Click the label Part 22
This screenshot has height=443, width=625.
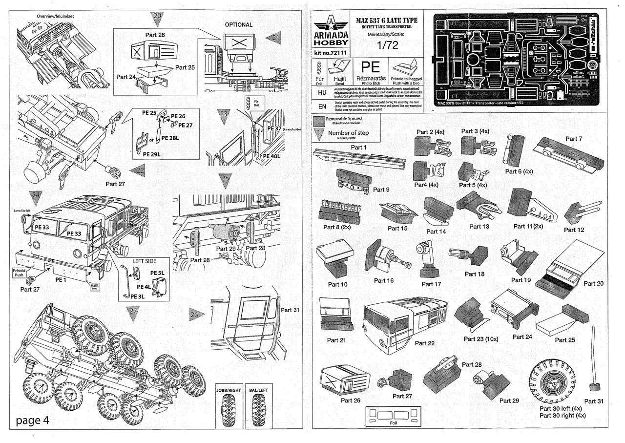tap(424, 343)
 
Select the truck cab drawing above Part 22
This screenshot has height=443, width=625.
tap(404, 318)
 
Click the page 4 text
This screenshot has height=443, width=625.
tap(32, 420)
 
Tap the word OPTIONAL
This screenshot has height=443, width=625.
tap(238, 24)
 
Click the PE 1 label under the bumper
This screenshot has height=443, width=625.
tap(61, 279)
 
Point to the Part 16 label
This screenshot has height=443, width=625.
tap(384, 280)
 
